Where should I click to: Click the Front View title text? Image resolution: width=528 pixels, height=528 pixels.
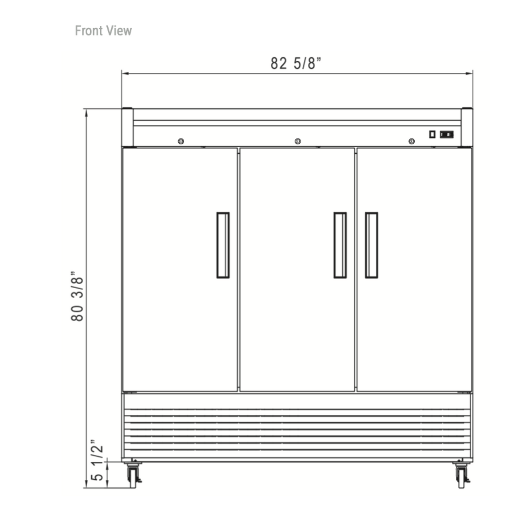click(103, 31)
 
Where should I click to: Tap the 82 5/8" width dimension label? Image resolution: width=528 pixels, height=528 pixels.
click(295, 63)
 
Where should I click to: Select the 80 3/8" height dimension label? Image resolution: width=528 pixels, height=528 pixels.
click(77, 296)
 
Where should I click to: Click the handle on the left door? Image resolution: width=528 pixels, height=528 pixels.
click(223, 245)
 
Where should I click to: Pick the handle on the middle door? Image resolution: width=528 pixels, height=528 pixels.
click(340, 245)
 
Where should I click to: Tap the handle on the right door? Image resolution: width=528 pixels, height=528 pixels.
click(371, 245)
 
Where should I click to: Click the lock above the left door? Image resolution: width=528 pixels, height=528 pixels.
click(181, 141)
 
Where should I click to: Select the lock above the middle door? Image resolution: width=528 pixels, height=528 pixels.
click(298, 141)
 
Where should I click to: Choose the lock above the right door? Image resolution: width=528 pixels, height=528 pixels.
click(411, 141)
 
